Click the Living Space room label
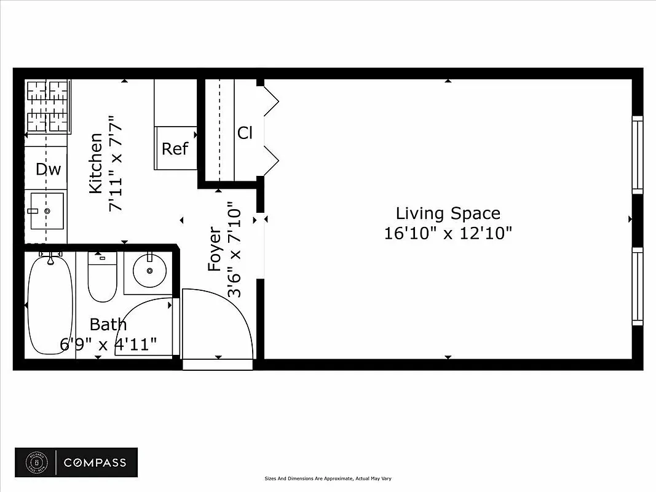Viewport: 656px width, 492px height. pyautogui.click(x=448, y=213)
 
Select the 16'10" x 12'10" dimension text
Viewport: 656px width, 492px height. pyautogui.click(x=448, y=234)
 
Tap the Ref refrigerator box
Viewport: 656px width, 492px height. pyautogui.click(x=175, y=148)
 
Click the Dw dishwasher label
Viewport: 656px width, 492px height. pyautogui.click(x=48, y=169)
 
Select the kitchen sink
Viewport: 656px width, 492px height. pyautogui.click(x=47, y=210)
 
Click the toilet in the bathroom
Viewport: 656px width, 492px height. pyautogui.click(x=102, y=276)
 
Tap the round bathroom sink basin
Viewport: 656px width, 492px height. pyautogui.click(x=149, y=271)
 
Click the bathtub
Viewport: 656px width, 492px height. pyautogui.click(x=51, y=305)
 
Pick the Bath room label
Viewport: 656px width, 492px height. pyautogui.click(x=108, y=324)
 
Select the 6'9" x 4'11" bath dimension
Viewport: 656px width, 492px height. pyautogui.click(x=108, y=344)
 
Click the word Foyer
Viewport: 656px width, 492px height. pyautogui.click(x=215, y=249)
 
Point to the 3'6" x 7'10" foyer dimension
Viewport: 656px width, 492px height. pyautogui.click(x=235, y=249)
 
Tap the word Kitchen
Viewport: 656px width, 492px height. pyautogui.click(x=96, y=163)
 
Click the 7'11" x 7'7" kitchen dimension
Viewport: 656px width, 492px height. pyautogui.click(x=116, y=163)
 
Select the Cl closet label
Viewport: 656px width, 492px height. pyautogui.click(x=245, y=132)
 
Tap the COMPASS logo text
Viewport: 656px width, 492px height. pyautogui.click(x=95, y=462)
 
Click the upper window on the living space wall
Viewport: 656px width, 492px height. pyautogui.click(x=638, y=154)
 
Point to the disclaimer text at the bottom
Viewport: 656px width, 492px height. pyautogui.click(x=328, y=478)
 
